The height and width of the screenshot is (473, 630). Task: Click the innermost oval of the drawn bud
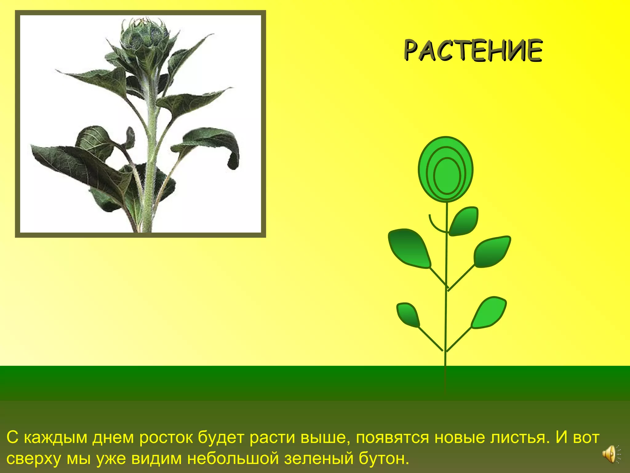coord(447,176)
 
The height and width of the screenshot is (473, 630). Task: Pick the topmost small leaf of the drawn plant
coord(464,221)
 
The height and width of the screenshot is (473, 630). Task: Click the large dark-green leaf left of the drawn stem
coord(409,248)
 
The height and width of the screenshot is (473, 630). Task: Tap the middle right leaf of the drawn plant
coord(492,252)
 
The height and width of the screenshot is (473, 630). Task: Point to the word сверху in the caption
coord(34,459)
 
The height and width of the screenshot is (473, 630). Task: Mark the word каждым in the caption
coord(56,437)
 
